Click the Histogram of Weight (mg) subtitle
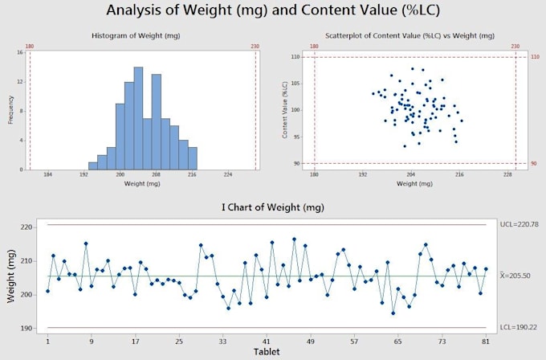(141, 37)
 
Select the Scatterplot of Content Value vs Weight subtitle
(409, 37)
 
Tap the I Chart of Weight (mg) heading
(273, 207)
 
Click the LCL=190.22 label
(517, 328)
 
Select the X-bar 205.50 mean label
(517, 276)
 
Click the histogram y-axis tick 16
(18, 52)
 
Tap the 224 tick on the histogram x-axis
(228, 174)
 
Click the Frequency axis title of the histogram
(10, 111)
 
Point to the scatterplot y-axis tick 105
(296, 84)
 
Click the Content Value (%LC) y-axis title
(285, 111)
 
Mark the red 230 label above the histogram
(255, 47)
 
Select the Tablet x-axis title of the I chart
(267, 351)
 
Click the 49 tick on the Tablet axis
(310, 341)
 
